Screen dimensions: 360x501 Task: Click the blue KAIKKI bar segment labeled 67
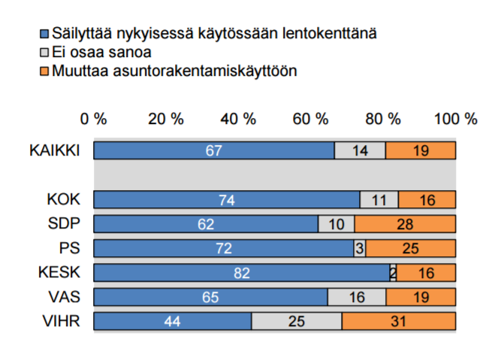pyautogui.click(x=214, y=150)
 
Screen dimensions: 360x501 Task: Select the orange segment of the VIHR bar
pyautogui.click(x=399, y=322)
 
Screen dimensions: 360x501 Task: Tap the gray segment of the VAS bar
pyautogui.click(x=357, y=297)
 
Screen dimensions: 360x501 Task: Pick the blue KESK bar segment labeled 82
pyautogui.click(x=241, y=273)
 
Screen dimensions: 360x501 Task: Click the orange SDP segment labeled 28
pyautogui.click(x=405, y=224)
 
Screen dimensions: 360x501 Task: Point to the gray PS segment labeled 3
pyautogui.click(x=360, y=249)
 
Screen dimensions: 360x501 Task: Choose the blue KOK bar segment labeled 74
pyautogui.click(x=227, y=200)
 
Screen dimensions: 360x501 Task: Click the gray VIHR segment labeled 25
pyautogui.click(x=297, y=322)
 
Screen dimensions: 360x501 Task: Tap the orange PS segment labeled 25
pyautogui.click(x=411, y=249)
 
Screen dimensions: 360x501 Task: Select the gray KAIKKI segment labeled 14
pyautogui.click(x=360, y=150)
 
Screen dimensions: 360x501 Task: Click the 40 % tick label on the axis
pyautogui.click(x=239, y=119)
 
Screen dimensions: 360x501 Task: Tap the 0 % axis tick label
pyautogui.click(x=95, y=119)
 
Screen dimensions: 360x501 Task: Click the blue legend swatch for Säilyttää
pyautogui.click(x=43, y=35)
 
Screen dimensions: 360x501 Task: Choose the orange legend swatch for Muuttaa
pyautogui.click(x=43, y=71)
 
